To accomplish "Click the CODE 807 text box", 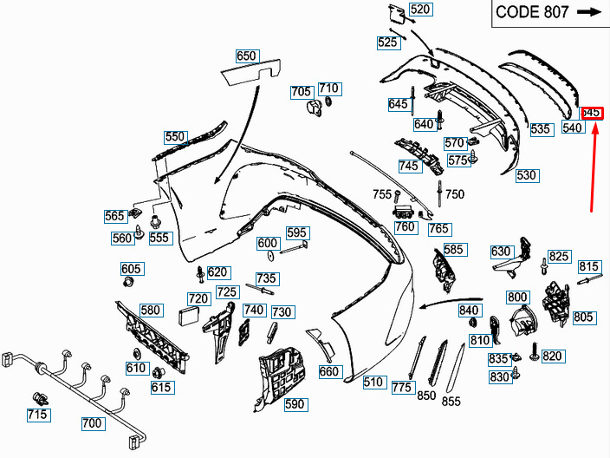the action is pos(550,13).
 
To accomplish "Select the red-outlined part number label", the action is pos(592,113).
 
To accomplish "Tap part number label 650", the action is pos(248,56).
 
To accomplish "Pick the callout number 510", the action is pos(374,382).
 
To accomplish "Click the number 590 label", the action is pos(295,404).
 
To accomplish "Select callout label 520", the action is pos(421,9).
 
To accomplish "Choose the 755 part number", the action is pos(381,194).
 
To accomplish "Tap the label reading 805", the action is pos(584,317).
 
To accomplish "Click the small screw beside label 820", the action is pos(535,352).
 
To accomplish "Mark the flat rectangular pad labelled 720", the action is pos(188,316).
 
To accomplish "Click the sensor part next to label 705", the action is pos(315,108).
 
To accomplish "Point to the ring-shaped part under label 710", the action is pos(328,101).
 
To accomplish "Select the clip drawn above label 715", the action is pos(40,399).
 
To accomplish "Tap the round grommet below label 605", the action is pos(128,281).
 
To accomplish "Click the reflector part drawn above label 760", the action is pos(404,213).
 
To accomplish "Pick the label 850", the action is pos(426,396).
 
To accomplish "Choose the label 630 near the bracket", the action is pos(502,252).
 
